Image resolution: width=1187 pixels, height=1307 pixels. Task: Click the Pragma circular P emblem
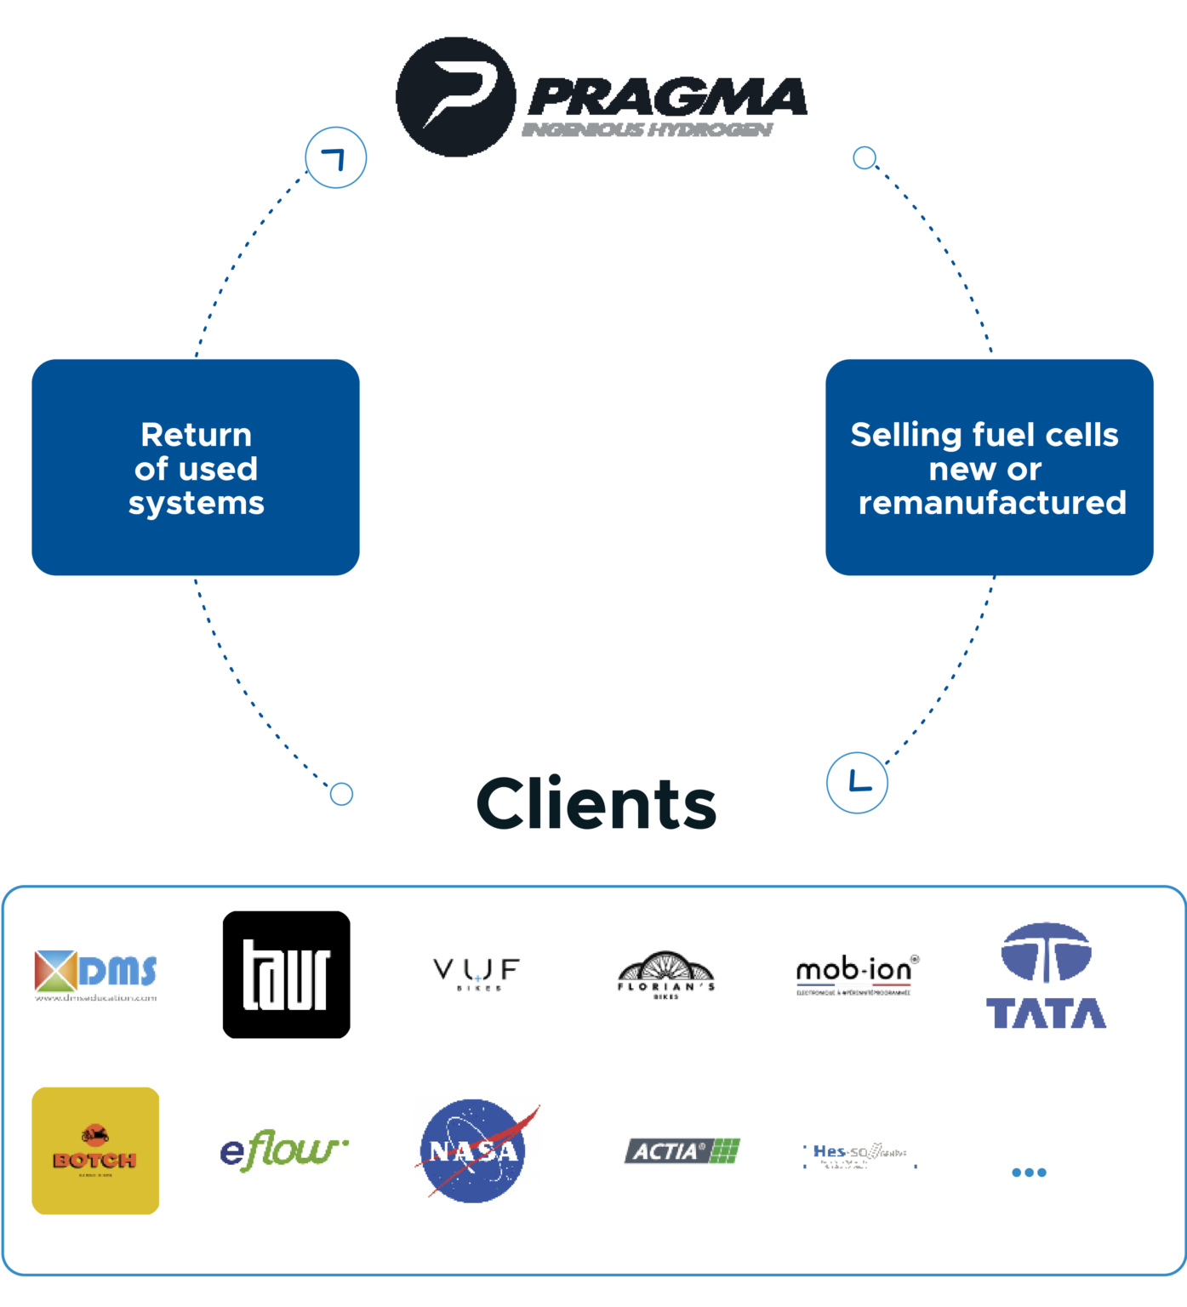coord(456,97)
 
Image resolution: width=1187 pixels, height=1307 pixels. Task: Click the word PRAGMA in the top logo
coord(668,97)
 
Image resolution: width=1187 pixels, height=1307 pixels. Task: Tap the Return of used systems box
coord(196,467)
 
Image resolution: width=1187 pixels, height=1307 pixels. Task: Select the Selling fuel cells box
coord(989,467)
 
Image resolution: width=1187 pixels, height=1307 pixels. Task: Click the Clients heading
coord(596,803)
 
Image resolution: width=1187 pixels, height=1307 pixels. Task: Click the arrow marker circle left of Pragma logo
coord(336,157)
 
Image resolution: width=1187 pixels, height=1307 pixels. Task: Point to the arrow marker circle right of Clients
coord(858,782)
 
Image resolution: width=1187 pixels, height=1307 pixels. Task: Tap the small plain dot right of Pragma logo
coord(865,157)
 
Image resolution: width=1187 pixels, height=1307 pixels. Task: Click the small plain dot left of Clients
coord(341,794)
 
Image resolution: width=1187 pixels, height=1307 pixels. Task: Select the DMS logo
coord(96,975)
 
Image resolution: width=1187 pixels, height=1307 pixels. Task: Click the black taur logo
coord(286,974)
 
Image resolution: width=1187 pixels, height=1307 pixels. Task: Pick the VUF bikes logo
coord(477,973)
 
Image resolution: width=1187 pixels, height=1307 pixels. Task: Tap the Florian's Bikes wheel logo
coord(666,975)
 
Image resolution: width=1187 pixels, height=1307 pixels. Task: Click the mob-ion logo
coord(856,974)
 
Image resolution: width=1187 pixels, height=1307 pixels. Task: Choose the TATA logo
coord(1046,976)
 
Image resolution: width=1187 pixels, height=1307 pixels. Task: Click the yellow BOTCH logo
coord(95,1150)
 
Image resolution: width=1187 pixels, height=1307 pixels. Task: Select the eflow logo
coord(284,1150)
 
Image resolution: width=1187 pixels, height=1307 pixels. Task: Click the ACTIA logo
coord(682,1151)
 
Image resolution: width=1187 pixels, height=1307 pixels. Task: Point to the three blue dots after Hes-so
coord(1029,1172)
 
